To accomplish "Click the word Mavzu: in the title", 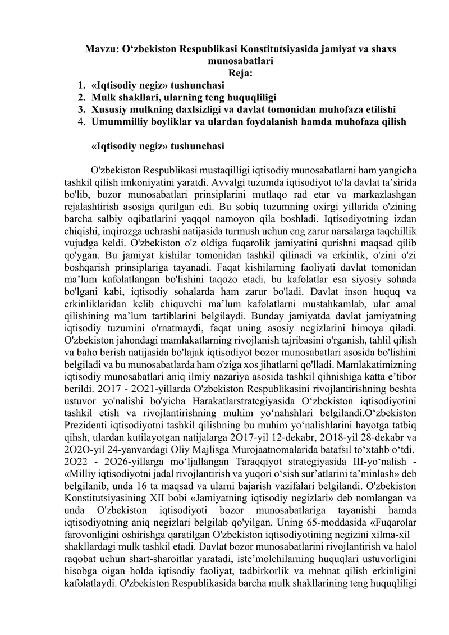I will (99, 49).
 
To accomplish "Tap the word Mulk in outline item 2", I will (102, 97).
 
